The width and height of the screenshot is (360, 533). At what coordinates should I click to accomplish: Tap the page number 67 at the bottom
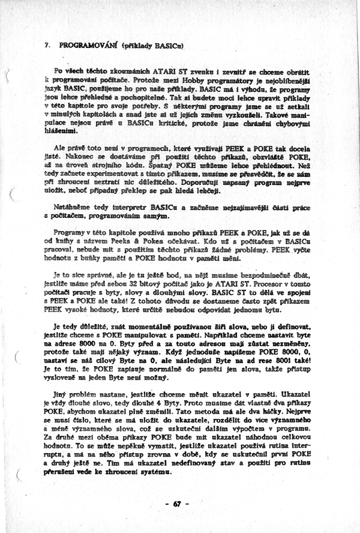(178, 504)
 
